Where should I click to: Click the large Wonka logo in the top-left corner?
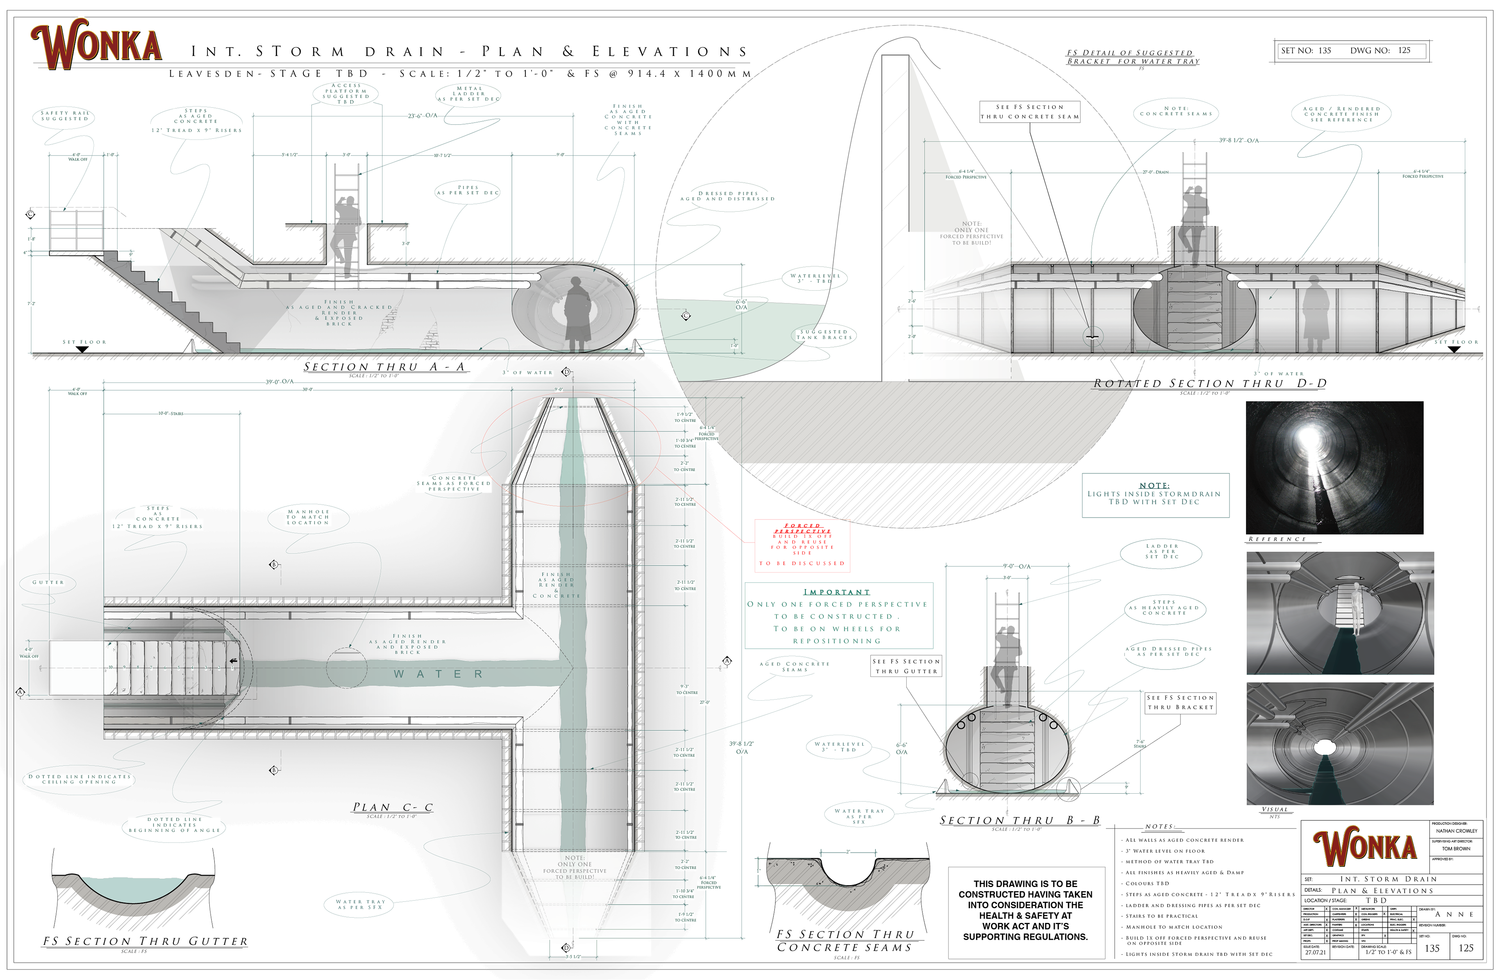point(96,44)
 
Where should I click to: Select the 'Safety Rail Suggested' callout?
point(64,116)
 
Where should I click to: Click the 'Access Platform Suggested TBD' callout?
point(346,94)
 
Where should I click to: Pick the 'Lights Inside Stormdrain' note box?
point(1155,495)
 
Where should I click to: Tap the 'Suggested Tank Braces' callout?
point(824,335)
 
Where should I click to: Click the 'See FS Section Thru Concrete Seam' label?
point(1029,112)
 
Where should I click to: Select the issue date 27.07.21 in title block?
point(1315,952)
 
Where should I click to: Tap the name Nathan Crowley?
point(1457,831)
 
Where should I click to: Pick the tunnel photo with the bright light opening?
point(1334,467)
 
